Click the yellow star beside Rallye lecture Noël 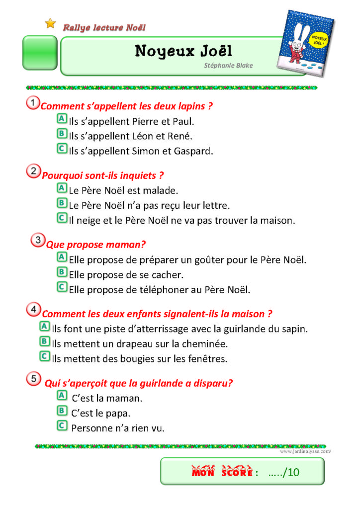pyautogui.click(x=50, y=23)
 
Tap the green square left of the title pyautogui.click(x=39, y=52)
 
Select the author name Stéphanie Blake pyautogui.click(x=228, y=65)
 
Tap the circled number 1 pyautogui.click(x=32, y=103)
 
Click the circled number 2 pyautogui.click(x=33, y=172)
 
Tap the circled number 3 pyautogui.click(x=37, y=241)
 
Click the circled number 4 pyautogui.click(x=33, y=310)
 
